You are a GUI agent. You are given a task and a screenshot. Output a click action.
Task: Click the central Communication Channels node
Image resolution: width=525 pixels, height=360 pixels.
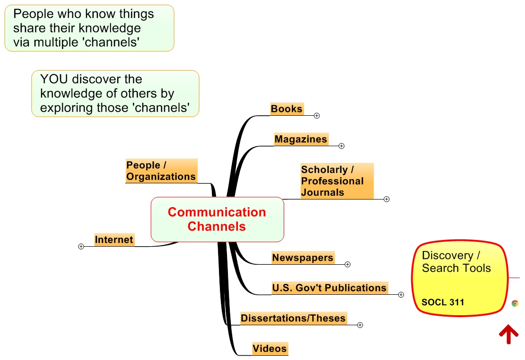(x=217, y=219)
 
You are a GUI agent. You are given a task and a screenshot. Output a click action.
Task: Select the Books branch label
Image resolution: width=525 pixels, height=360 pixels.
(x=287, y=109)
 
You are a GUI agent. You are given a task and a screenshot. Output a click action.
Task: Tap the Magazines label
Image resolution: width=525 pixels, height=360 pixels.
(x=301, y=139)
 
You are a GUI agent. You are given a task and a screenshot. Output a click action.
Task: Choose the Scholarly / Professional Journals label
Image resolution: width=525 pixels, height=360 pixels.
(x=332, y=181)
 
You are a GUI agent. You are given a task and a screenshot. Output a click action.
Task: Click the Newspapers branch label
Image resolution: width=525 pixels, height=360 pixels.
(x=302, y=258)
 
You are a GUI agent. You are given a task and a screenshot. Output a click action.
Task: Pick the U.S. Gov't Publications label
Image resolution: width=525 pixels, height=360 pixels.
(x=329, y=288)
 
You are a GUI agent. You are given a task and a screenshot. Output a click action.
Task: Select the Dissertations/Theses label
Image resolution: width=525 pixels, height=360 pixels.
(x=293, y=318)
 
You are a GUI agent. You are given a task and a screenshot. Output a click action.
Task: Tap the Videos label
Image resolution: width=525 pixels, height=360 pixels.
(x=269, y=349)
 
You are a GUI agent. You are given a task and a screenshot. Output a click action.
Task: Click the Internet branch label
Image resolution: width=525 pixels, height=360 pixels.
(x=114, y=240)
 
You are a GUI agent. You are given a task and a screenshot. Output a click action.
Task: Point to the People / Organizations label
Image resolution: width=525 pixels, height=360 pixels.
(x=161, y=171)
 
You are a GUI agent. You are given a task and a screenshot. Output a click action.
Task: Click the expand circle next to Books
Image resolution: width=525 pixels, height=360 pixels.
(x=317, y=115)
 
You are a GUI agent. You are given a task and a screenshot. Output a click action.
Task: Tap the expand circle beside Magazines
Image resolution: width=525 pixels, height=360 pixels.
(x=341, y=146)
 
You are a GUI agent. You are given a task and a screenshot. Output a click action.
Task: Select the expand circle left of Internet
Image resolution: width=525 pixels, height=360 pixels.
(x=81, y=246)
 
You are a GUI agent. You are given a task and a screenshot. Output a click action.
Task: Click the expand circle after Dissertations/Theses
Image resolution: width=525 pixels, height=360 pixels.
(x=360, y=325)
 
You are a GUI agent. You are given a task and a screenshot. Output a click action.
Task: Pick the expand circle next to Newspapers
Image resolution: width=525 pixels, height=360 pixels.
(x=347, y=264)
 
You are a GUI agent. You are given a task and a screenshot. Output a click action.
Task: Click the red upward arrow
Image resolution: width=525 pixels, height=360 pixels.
(x=508, y=334)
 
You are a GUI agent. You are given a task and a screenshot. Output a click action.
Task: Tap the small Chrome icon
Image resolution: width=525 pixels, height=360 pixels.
(x=515, y=303)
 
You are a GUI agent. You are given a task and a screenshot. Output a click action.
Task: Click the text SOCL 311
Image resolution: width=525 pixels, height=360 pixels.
(x=443, y=302)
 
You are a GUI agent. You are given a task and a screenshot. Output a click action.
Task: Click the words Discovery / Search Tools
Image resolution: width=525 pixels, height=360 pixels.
(x=456, y=262)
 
